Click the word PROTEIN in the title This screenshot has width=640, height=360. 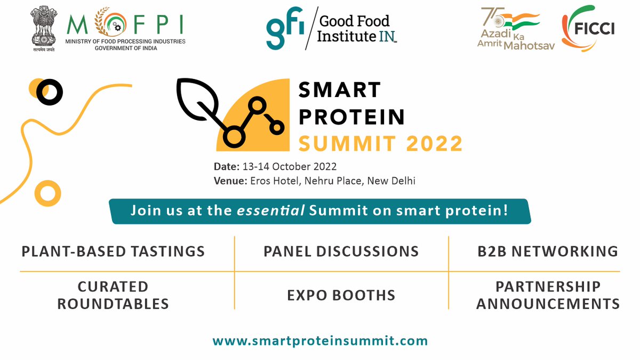(x=351, y=116)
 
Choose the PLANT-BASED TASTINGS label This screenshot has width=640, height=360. (x=113, y=251)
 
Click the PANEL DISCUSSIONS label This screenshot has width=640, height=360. (x=341, y=251)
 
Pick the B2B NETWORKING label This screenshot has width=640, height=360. (x=548, y=251)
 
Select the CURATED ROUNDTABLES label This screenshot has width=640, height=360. (x=113, y=295)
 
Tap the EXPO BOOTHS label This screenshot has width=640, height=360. (x=341, y=295)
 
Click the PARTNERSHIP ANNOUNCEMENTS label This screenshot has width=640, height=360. (x=548, y=295)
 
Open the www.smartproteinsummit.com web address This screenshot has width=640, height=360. (x=320, y=340)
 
